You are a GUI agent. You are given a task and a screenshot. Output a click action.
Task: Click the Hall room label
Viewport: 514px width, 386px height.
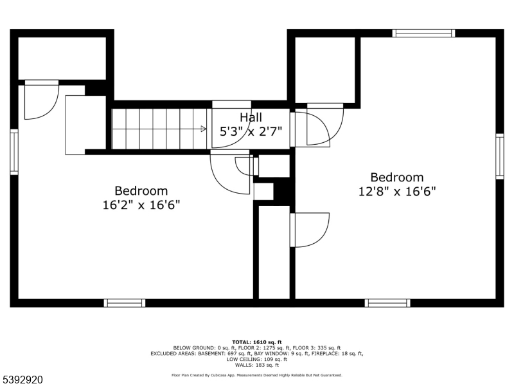pyautogui.click(x=251, y=117)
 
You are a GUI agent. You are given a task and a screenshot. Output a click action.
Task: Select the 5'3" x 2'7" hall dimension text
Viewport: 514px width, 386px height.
pyautogui.click(x=251, y=131)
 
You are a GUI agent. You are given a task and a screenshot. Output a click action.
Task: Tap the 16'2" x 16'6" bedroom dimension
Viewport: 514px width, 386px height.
pyautogui.click(x=141, y=205)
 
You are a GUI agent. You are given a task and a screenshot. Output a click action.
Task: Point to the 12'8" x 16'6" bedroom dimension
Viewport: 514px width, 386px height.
pyautogui.click(x=397, y=191)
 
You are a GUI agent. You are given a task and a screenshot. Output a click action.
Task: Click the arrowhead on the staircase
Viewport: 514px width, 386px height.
pyautogui.click(x=204, y=129)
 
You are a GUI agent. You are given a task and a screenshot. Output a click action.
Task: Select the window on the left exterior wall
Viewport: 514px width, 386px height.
pyautogui.click(x=13, y=152)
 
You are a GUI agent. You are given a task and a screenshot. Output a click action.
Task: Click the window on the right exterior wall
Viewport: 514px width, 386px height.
pyautogui.click(x=499, y=156)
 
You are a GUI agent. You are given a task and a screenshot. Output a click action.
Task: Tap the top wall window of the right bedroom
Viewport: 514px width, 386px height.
pyautogui.click(x=423, y=33)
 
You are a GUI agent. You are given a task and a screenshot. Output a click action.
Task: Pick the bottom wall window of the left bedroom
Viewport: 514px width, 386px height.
pyautogui.click(x=125, y=303)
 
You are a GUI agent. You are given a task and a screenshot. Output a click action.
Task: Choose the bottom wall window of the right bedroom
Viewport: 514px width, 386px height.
pyautogui.click(x=387, y=303)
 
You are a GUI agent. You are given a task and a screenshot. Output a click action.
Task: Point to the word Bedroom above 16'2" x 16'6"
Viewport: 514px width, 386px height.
pyautogui.click(x=141, y=191)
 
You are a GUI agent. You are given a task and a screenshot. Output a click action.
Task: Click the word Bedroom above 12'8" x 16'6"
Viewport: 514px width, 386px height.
pyautogui.click(x=397, y=178)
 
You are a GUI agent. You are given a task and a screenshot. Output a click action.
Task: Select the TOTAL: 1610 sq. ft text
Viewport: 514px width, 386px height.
pyautogui.click(x=256, y=342)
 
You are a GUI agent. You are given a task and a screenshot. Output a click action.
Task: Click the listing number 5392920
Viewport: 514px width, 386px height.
pyautogui.click(x=22, y=380)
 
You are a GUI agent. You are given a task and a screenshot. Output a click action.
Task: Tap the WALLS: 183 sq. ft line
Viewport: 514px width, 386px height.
pyautogui.click(x=256, y=365)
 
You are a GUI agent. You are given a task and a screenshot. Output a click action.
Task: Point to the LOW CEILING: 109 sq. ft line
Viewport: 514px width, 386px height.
pyautogui.click(x=256, y=359)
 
